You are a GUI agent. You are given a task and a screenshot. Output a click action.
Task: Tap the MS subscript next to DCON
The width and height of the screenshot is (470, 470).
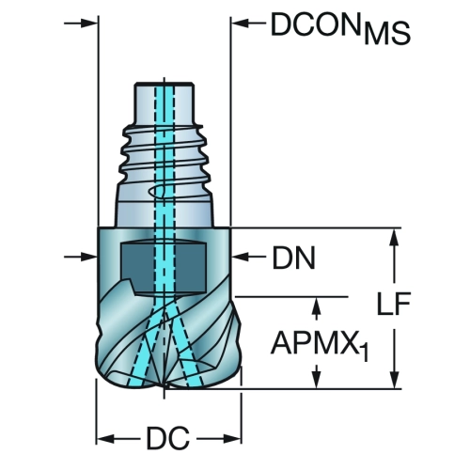tap(387, 33)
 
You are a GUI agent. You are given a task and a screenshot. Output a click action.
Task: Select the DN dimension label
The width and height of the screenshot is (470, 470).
tap(294, 258)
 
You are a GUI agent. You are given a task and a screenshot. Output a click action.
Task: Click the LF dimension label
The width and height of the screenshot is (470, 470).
tap(394, 303)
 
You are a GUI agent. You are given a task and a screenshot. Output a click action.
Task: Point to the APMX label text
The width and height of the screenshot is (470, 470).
tap(315, 343)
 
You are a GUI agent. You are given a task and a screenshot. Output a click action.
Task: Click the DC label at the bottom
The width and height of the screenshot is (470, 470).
tap(168, 438)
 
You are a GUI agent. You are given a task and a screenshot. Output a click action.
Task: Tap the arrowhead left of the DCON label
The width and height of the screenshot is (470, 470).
tap(240, 23)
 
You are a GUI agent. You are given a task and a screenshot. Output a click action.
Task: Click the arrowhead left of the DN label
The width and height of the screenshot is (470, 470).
tap(240, 257)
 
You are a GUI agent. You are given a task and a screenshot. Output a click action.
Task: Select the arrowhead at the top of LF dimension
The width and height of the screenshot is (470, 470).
tap(394, 237)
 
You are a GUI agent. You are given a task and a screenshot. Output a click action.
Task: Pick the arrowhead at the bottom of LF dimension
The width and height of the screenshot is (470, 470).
tap(394, 380)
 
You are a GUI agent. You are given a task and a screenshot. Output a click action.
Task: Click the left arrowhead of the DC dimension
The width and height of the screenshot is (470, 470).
tap(105, 439)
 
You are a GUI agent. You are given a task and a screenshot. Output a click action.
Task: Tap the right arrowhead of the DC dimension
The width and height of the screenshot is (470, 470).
tap(232, 439)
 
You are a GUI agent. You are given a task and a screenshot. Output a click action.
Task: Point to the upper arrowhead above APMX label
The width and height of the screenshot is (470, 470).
tap(317, 305)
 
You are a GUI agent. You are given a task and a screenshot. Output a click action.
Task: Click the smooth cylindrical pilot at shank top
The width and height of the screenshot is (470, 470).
tap(164, 103)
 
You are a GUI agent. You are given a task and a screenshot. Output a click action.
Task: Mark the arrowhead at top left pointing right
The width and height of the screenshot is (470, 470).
tap(89, 23)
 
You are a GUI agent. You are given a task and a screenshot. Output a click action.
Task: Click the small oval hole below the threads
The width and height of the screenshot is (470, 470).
tap(156, 192)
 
